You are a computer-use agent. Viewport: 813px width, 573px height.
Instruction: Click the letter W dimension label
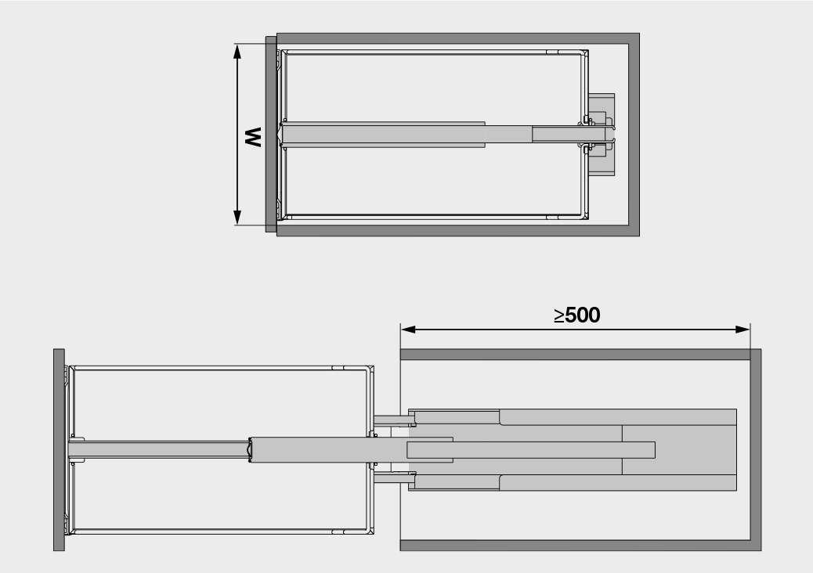[x=252, y=138]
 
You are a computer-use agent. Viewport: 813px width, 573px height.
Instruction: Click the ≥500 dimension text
[x=576, y=315]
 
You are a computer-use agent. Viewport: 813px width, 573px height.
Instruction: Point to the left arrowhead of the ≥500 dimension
[x=406, y=329]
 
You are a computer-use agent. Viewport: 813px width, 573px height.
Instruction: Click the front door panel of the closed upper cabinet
[x=270, y=135]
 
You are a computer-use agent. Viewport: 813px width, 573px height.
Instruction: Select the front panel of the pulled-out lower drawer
[x=59, y=450]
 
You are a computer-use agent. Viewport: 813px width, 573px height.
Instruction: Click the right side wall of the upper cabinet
[x=634, y=135]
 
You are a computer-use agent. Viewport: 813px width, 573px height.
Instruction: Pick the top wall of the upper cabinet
[x=458, y=38]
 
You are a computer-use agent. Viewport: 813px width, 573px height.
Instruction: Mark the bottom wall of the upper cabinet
[x=458, y=231]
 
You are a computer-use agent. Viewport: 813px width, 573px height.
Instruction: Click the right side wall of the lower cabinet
[x=755, y=450]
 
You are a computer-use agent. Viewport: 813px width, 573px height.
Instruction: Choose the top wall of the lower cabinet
[x=576, y=355]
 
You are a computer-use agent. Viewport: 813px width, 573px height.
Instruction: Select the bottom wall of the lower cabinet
[x=576, y=545]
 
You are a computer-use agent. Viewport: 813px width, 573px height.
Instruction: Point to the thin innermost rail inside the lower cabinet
[x=548, y=449]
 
